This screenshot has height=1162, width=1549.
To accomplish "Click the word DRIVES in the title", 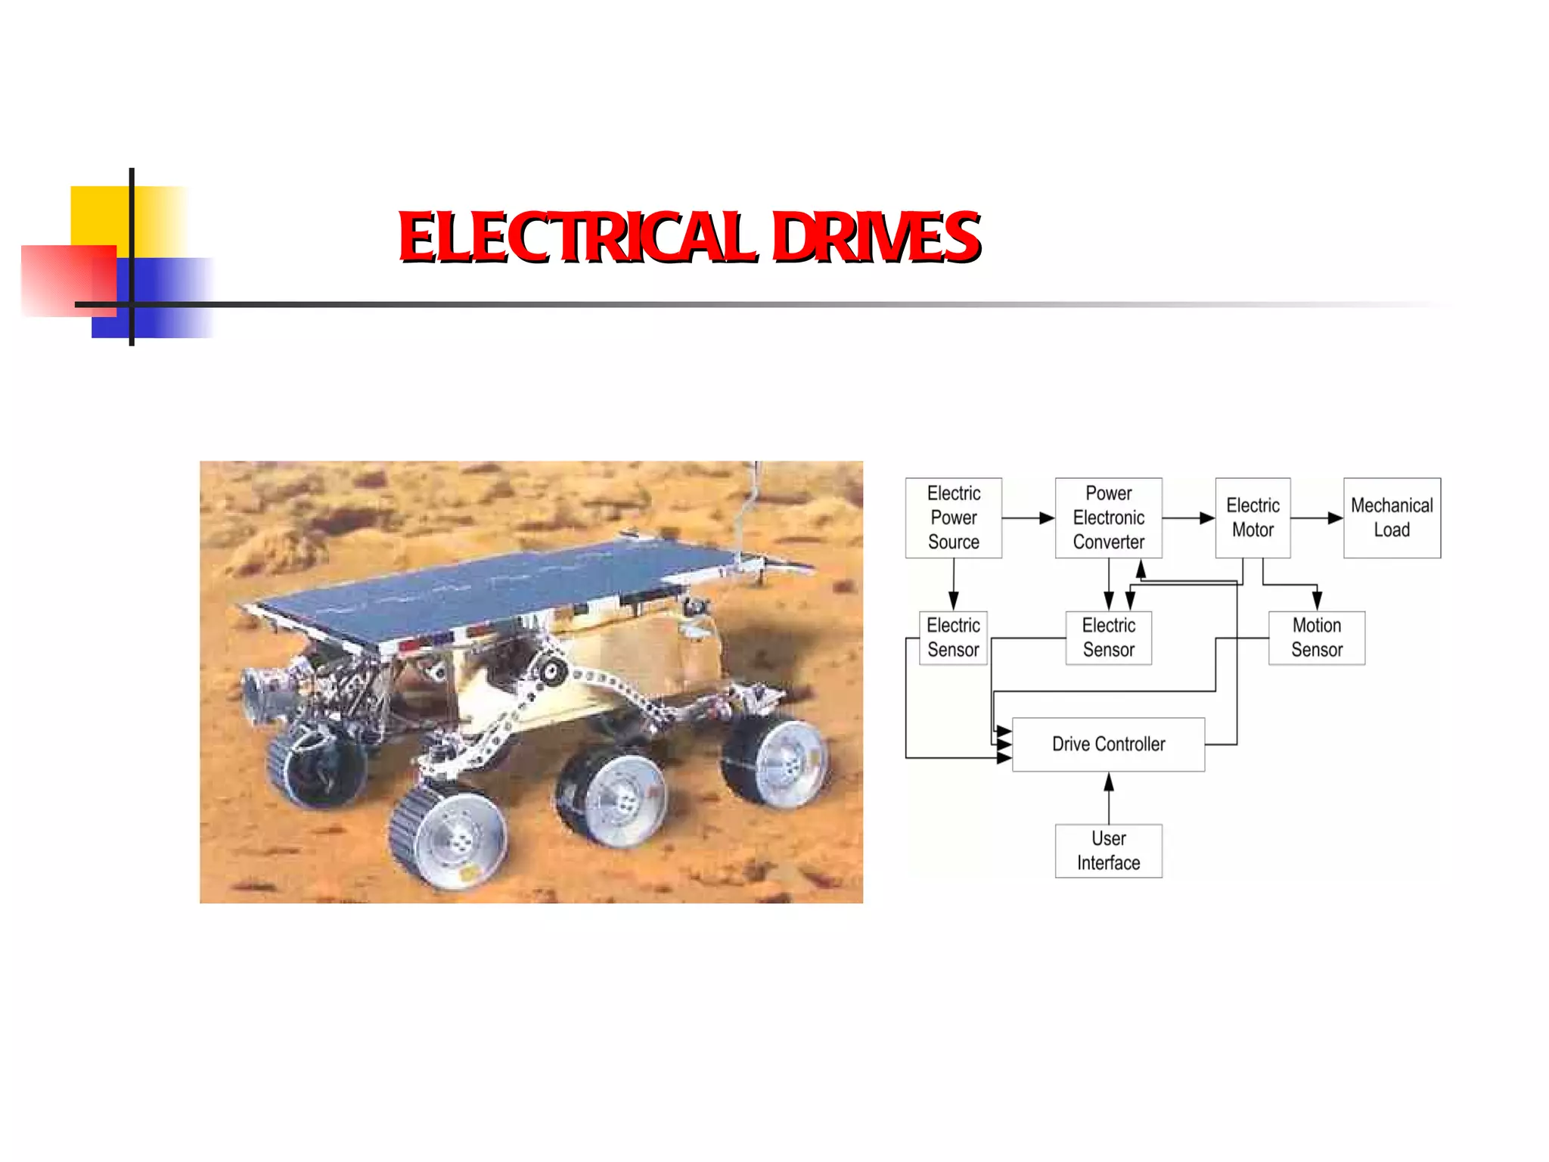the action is click(x=875, y=237).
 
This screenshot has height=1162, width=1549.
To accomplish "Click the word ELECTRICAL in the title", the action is click(x=576, y=237).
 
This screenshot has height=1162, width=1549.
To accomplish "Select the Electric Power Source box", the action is click(x=953, y=517).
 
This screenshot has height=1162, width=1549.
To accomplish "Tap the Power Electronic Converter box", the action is click(x=1108, y=517).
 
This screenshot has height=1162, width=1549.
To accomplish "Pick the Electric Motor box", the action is click(x=1253, y=517).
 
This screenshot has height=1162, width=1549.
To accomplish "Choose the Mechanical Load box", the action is click(x=1392, y=517).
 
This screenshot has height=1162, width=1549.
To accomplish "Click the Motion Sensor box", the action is click(x=1316, y=638).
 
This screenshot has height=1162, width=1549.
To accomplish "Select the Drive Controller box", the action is click(x=1108, y=744).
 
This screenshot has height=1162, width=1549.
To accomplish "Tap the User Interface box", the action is click(x=1108, y=850).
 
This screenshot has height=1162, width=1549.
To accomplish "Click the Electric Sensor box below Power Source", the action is click(x=953, y=638).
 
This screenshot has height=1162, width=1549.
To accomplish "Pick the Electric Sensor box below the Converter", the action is click(x=1108, y=638).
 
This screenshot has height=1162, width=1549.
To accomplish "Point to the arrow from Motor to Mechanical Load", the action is click(x=1317, y=518).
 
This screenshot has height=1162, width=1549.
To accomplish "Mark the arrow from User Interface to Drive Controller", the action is click(x=1109, y=797).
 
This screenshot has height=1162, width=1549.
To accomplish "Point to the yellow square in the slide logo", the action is click(x=98, y=215).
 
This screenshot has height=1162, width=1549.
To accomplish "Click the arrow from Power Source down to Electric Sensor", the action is click(x=954, y=585).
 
